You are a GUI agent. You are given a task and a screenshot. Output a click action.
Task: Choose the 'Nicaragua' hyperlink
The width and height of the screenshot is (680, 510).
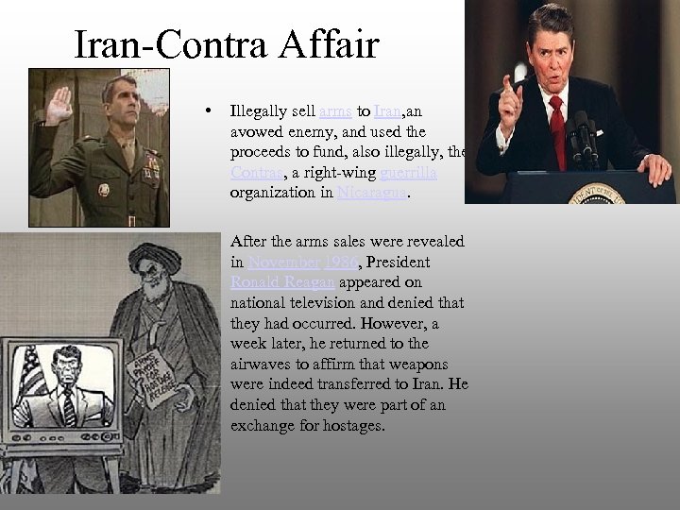point(374,195)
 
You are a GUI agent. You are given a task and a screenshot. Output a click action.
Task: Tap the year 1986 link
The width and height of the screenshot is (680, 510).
point(339,262)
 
